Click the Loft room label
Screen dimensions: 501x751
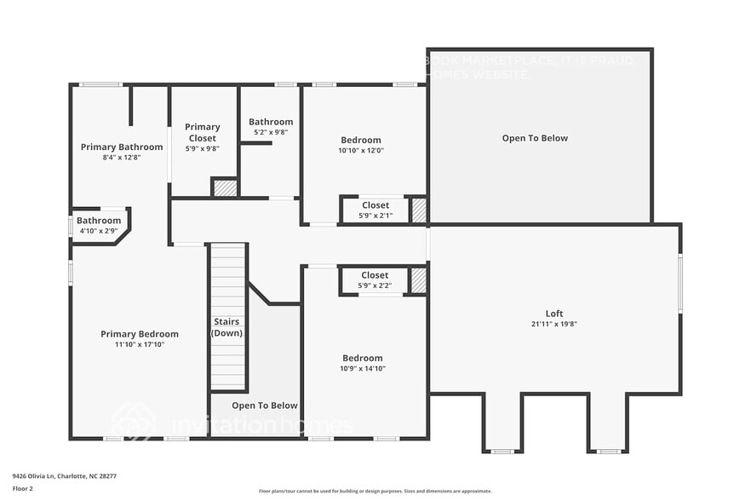554,313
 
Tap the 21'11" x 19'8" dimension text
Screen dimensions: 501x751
554,324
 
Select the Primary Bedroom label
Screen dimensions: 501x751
140,334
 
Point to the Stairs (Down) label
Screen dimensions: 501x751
226,327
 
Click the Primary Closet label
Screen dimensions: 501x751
202,132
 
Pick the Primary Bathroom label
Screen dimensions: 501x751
122,147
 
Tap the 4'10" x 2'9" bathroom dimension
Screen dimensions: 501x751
99,231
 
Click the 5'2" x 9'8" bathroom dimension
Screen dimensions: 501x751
271,132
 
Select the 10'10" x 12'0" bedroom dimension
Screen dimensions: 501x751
361,150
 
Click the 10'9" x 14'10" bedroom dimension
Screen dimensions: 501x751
363,368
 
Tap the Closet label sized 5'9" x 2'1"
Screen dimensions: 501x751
375,204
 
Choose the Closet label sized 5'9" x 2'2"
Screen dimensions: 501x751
375,274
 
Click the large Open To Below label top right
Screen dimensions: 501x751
535,138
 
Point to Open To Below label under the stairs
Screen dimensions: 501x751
265,406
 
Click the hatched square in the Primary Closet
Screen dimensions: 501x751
224,187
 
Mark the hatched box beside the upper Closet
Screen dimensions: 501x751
418,210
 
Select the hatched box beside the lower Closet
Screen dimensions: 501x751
418,280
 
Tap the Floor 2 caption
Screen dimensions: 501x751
23,489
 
